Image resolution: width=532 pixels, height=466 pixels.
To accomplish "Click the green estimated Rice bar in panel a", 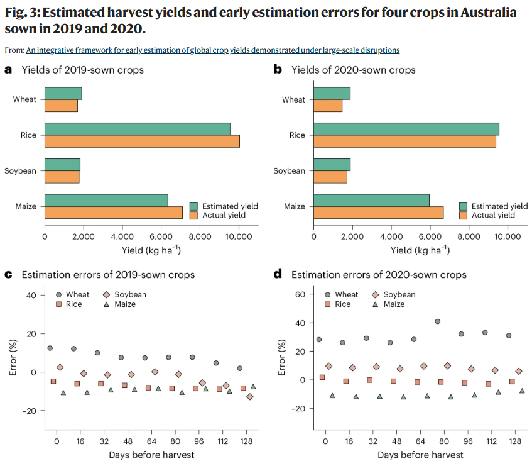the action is pos(138,129).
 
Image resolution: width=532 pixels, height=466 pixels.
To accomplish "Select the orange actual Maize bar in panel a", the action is pos(114,213).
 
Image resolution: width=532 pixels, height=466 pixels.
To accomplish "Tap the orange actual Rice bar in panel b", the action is pos(404,141).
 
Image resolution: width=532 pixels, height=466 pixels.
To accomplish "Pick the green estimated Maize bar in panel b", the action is pos(371,201).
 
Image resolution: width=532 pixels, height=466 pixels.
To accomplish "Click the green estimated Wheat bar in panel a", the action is pos(63,94).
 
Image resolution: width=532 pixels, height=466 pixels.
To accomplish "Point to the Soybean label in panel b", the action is pos(289,171).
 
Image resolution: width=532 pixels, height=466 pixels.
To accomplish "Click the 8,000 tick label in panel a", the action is pos(200,236).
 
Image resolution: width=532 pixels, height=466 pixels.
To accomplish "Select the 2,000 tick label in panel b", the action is pos(352,236).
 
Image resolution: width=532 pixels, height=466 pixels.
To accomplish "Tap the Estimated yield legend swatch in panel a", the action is pos(193,206).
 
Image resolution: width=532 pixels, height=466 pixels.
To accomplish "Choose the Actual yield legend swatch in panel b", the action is pos(463,215).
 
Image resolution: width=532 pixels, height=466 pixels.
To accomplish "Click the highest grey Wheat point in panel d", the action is pos(437,321).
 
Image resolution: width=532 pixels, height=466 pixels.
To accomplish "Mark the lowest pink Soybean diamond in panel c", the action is pos(250,397).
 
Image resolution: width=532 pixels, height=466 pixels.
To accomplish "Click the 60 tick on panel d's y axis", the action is pos(300,294).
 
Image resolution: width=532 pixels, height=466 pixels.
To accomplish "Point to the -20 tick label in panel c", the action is pos(29,411).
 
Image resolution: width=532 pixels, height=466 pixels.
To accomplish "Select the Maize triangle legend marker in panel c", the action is pos(107,304).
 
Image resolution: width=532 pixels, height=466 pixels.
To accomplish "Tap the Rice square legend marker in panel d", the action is pos(327,304).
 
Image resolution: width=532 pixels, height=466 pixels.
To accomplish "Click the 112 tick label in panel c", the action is pos(222,441).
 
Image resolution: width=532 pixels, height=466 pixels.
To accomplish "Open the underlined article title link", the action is pos(213,50).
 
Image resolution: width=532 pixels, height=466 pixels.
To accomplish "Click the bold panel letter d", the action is pos(278,274).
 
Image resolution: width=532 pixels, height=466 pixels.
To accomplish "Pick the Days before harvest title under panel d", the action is pos(420,455).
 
